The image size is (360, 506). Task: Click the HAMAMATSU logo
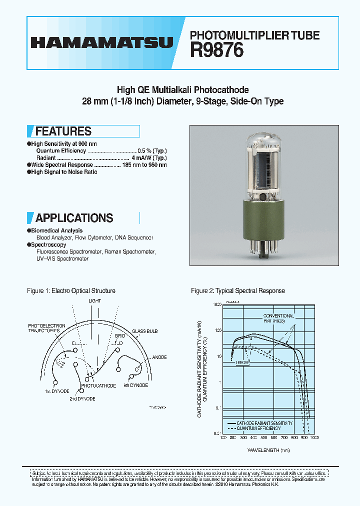click(102, 42)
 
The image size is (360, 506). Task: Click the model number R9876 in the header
click(216, 50)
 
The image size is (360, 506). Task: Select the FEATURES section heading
click(63, 131)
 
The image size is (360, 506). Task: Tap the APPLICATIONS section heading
click(74, 218)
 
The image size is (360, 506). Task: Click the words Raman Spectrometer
click(130, 252)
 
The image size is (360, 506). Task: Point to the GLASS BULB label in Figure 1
click(144, 331)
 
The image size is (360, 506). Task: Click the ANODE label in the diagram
click(159, 357)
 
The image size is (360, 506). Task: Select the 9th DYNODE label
click(135, 385)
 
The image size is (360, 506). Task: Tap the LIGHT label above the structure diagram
click(94, 301)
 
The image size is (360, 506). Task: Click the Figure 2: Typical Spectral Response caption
click(238, 290)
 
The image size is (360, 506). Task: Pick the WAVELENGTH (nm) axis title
click(268, 450)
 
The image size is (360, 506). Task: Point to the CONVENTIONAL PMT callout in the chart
click(279, 318)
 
